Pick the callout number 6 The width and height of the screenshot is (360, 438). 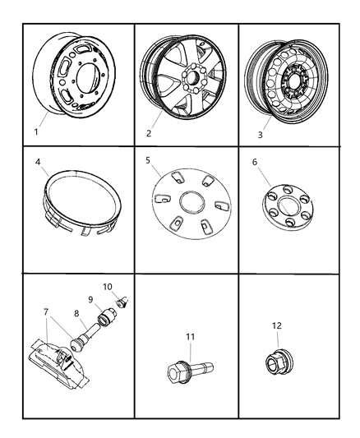(x=256, y=163)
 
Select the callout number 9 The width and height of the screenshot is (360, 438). (x=91, y=301)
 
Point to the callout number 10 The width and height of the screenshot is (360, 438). (x=108, y=286)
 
